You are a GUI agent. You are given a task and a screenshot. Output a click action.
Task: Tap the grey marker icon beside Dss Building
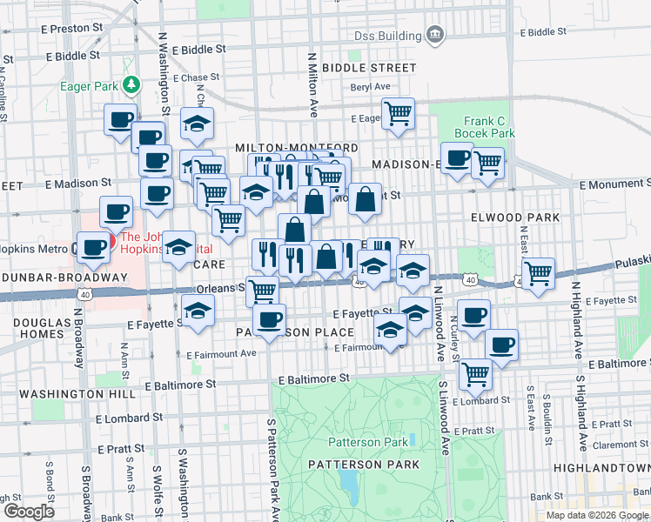(435, 36)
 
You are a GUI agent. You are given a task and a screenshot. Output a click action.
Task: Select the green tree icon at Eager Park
(131, 84)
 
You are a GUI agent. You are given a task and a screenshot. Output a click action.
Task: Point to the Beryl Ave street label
(371, 87)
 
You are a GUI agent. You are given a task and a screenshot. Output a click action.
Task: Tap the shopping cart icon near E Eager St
(398, 113)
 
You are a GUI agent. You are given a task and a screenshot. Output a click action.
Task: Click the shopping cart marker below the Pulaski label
(539, 272)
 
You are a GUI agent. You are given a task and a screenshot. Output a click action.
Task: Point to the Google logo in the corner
(28, 511)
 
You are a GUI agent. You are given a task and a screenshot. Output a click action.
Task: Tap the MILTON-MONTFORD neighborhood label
(296, 149)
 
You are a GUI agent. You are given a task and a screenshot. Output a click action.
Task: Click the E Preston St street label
(72, 29)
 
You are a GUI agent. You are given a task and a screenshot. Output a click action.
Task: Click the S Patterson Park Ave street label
(272, 465)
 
